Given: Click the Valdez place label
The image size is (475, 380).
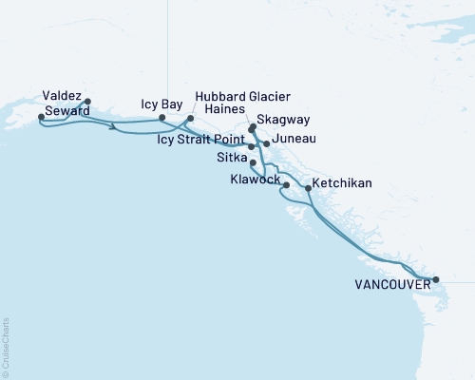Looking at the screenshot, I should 62,95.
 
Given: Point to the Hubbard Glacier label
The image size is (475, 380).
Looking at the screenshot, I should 243,97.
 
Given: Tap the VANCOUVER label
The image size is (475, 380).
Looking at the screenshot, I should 390,284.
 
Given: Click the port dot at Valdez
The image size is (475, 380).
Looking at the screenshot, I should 87,101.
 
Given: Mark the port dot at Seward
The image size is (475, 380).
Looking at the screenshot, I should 41,117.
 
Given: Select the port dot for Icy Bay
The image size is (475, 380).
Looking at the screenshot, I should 175,118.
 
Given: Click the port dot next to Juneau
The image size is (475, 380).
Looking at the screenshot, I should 266,143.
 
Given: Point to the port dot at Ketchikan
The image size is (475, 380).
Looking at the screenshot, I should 308,189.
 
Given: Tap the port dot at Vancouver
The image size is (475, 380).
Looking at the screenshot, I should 436,279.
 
